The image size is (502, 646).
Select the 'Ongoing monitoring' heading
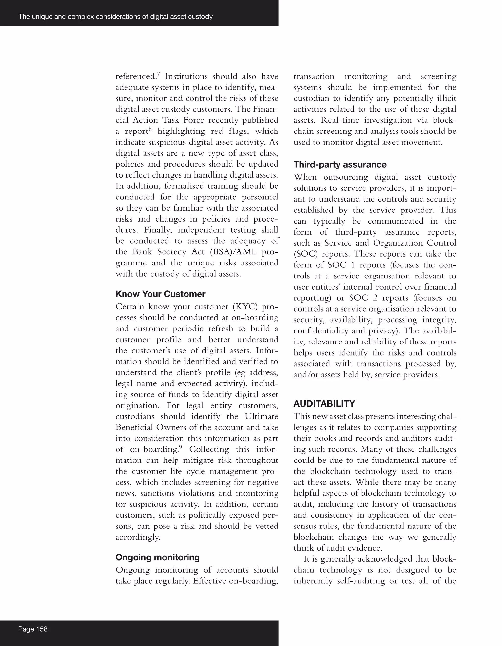[157, 557]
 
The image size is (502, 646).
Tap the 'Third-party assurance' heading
[340, 164]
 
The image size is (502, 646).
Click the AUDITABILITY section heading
[324, 403]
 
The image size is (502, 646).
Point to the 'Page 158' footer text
[33, 629]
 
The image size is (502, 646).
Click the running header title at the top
[115, 17]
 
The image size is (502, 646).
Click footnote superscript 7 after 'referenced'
[158, 74]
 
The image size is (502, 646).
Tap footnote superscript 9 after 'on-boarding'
[181, 447]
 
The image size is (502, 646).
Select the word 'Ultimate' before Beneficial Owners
[261, 416]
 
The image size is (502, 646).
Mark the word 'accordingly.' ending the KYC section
[138, 537]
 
